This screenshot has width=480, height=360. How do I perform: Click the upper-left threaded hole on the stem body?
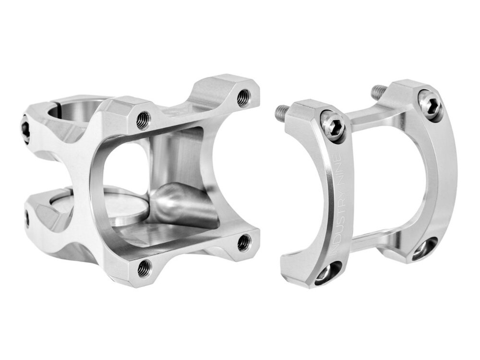point(144,120)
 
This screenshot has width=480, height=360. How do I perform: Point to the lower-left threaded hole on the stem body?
point(144,268)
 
